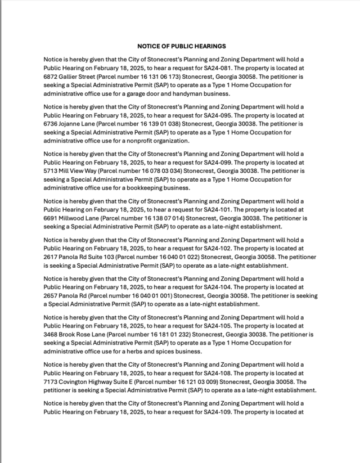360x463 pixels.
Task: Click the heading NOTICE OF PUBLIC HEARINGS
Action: point(181,46)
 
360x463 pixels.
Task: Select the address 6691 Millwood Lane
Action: point(71,218)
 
